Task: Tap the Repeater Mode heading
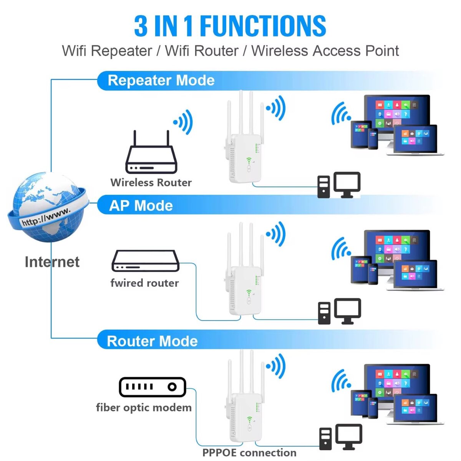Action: click(161, 80)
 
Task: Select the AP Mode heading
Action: click(141, 206)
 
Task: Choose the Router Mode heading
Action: click(152, 341)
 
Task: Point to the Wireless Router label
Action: click(151, 182)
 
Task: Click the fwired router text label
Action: click(144, 283)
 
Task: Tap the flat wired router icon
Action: click(145, 262)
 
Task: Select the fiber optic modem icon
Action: click(152, 387)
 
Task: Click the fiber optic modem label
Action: click(144, 408)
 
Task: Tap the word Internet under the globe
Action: click(52, 262)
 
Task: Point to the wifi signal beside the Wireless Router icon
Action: click(184, 122)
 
